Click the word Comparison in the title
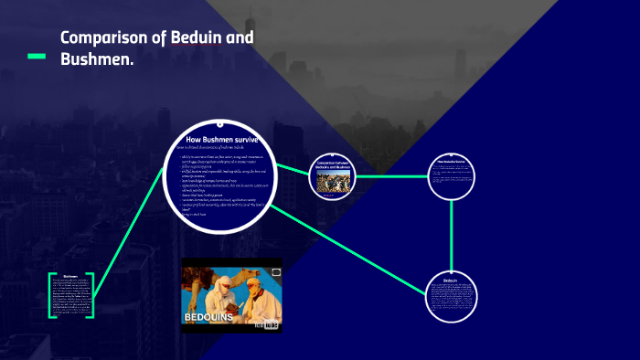[102, 38]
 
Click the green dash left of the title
[37, 57]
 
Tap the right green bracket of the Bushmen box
[92, 295]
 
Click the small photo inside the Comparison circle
[334, 182]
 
